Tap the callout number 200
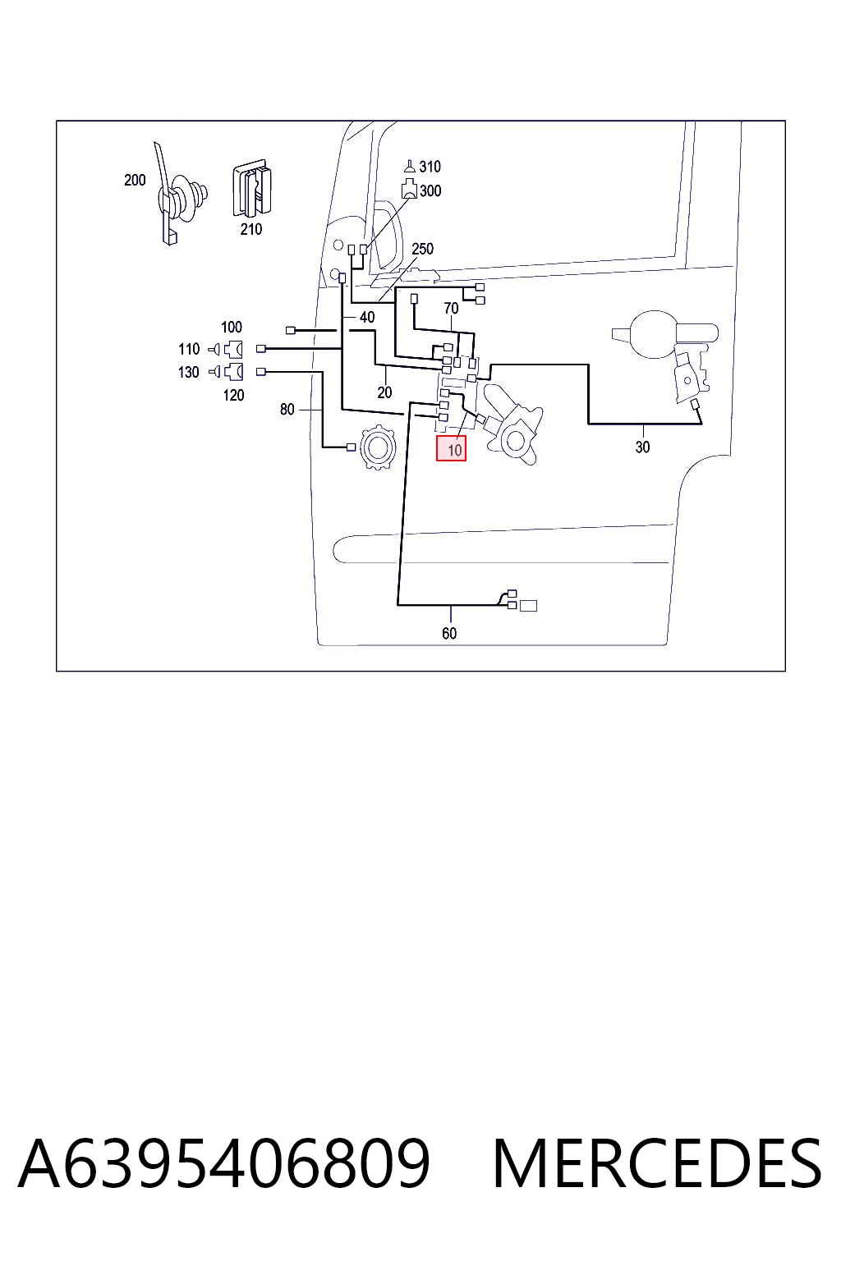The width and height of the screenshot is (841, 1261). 135,180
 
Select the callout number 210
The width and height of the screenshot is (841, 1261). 250,229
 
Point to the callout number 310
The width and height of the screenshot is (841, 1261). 430,167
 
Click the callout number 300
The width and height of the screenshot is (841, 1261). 430,190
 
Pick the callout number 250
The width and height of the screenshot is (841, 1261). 422,249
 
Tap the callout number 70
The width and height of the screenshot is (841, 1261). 451,308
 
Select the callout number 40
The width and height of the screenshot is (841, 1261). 366,318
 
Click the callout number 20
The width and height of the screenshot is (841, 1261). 384,392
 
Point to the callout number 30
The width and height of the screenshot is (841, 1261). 642,447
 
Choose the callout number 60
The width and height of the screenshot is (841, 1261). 449,633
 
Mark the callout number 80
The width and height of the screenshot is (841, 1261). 287,410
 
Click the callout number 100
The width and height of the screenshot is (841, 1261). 232,327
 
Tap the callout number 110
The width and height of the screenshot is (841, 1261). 189,349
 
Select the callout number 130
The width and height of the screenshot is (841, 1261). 189,372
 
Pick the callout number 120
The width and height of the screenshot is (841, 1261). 234,395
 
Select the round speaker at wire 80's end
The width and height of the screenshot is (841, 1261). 378,448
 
